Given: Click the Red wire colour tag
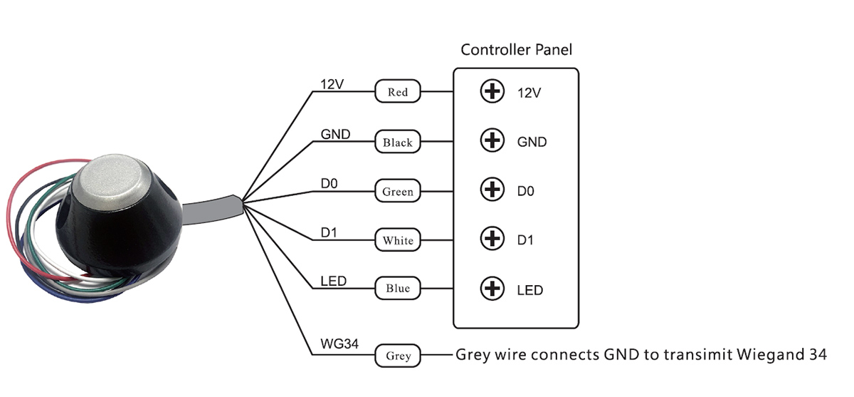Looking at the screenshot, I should coord(398,92).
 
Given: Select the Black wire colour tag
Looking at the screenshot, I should coord(398,143).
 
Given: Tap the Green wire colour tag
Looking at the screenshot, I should coord(398,192).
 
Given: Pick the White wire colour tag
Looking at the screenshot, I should coord(398,240).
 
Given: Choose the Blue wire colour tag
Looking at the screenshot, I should coord(398,289).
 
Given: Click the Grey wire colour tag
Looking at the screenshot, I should coord(398,355).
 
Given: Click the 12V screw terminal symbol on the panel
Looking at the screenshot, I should coord(492,92).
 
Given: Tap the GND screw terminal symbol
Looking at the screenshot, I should coord(492,141).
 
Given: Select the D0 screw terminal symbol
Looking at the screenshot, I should coord(492,190).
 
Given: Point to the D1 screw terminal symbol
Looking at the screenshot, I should coord(492,239).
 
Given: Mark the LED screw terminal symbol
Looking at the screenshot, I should coord(492,289).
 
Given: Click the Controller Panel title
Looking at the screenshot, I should coord(516,50).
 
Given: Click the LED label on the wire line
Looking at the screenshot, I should coord(333,281).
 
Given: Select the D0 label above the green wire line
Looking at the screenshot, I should coord(329,184).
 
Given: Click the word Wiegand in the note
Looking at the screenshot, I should coord(764,355).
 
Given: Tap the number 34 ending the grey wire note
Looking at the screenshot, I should coord(816,354).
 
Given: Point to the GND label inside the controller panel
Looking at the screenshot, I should coord(532,142).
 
